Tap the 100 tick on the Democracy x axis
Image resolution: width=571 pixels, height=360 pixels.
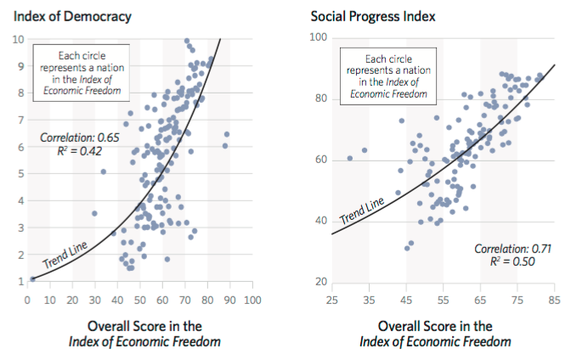click(x=252, y=300)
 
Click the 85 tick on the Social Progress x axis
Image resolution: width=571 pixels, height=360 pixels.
click(x=554, y=300)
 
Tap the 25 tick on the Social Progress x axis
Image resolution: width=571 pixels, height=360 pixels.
click(x=333, y=300)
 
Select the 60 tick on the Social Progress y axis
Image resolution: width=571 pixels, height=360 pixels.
click(x=321, y=159)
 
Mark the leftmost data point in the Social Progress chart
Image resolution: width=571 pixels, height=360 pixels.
click(x=350, y=159)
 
